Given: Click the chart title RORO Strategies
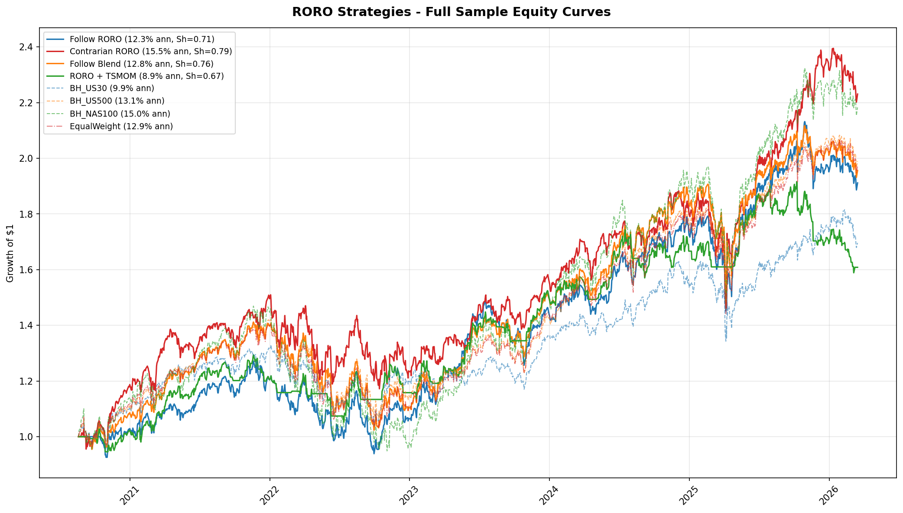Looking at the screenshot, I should click(x=451, y=12).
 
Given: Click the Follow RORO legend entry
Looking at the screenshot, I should click(x=142, y=39).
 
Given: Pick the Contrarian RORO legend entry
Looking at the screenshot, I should click(x=150, y=52).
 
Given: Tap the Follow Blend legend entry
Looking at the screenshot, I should click(x=141, y=64).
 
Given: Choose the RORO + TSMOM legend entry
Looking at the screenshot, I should click(x=146, y=76).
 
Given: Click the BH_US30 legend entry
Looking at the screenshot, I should click(x=112, y=88).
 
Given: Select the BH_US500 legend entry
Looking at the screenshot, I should click(x=117, y=101).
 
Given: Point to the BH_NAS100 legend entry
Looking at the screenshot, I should click(x=120, y=114).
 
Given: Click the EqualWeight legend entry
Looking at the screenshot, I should click(x=121, y=126).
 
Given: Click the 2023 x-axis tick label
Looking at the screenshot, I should click(x=409, y=495).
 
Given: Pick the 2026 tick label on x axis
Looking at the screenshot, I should click(x=829, y=495).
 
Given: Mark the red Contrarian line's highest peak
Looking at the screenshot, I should click(x=833, y=49).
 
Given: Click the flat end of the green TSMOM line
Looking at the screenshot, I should click(x=856, y=267).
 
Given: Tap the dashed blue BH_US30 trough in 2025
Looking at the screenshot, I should click(x=726, y=340).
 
